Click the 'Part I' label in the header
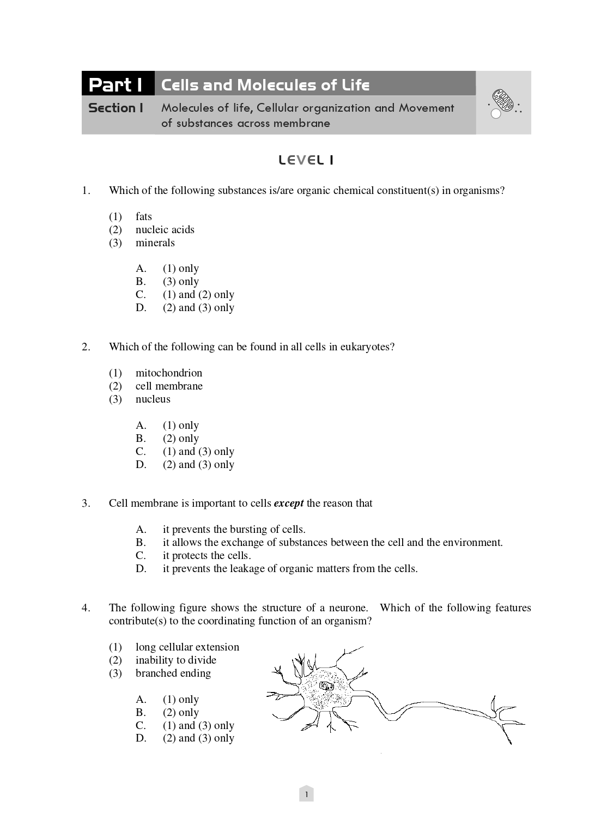click(x=116, y=85)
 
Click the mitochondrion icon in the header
click(x=504, y=101)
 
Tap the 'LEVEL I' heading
click(x=306, y=160)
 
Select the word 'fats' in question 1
click(x=144, y=216)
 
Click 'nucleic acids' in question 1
click(x=165, y=229)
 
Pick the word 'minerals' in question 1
click(x=155, y=242)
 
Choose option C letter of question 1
click(x=141, y=294)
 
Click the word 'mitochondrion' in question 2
click(x=169, y=373)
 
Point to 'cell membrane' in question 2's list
click(x=169, y=386)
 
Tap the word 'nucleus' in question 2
click(x=153, y=399)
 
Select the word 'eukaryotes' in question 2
click(x=365, y=347)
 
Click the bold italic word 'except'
click(x=288, y=503)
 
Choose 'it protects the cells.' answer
click(x=207, y=555)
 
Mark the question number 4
click(x=86, y=608)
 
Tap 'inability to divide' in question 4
click(x=176, y=660)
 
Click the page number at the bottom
click(x=306, y=794)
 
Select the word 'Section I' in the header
click(x=116, y=108)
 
